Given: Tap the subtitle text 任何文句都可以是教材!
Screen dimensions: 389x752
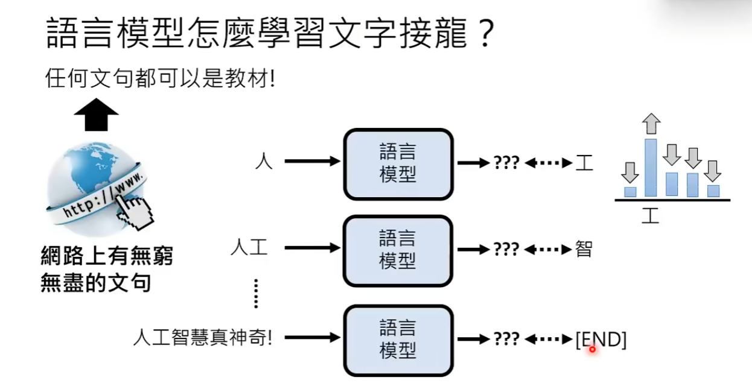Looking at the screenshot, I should pos(160,78).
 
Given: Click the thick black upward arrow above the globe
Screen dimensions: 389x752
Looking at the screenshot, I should pos(97,115).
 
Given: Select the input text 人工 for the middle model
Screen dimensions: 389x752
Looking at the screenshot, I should pos(249,248).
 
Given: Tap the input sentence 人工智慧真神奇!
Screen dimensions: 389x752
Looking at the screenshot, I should pos(203,338).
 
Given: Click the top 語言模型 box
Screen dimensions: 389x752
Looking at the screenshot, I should pos(398,163).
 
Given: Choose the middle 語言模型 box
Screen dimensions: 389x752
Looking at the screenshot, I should pos(398,250).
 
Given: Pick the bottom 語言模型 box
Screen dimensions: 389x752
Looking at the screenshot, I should pos(398,340).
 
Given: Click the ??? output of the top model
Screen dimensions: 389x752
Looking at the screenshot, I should pos(506,163).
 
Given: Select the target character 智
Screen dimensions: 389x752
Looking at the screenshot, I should pos(584,248).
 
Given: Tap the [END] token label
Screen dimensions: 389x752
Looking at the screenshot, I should pos(601,340).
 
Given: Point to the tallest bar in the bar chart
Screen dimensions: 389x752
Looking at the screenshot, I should pos(651,168).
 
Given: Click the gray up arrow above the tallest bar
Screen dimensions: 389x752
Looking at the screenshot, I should pos(651,124).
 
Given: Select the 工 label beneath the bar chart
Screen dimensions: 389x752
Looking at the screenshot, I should pos(650,215).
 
